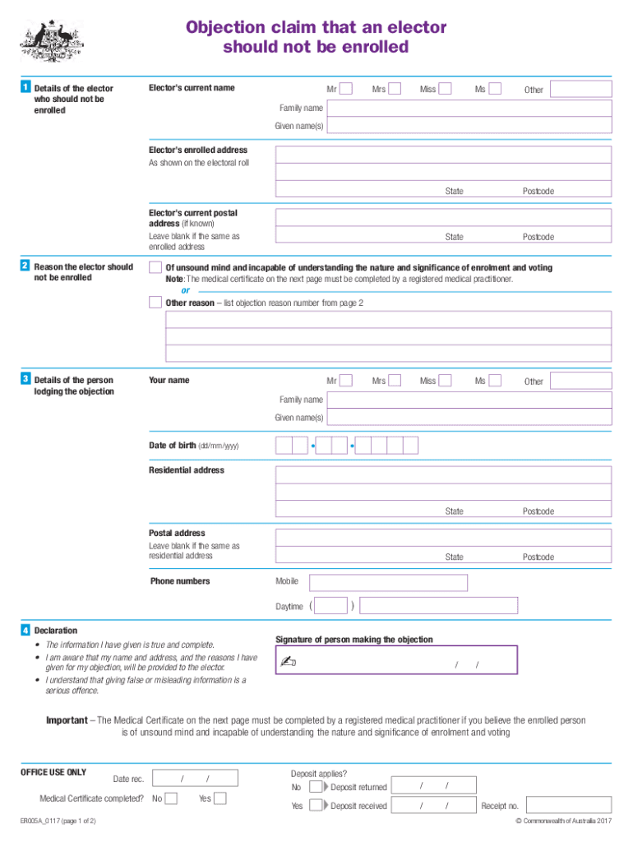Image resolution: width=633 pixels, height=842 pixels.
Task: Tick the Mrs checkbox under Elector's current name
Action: [395, 89]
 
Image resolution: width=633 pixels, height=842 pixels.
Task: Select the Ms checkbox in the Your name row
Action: [495, 381]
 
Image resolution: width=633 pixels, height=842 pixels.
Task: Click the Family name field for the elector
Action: [469, 108]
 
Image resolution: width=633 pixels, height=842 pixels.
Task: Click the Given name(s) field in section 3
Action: [469, 418]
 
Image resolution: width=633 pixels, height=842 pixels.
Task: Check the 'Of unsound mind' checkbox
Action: [155, 268]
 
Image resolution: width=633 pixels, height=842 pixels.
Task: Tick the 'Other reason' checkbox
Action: [155, 303]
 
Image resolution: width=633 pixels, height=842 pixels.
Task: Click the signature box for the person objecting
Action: [396, 660]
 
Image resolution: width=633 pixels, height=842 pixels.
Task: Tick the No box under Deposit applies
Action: [316, 787]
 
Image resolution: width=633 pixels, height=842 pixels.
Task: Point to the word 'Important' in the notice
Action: [67, 720]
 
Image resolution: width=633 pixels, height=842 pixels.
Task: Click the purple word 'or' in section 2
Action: [185, 290]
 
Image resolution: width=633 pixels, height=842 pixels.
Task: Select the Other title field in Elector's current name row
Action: [580, 89]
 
